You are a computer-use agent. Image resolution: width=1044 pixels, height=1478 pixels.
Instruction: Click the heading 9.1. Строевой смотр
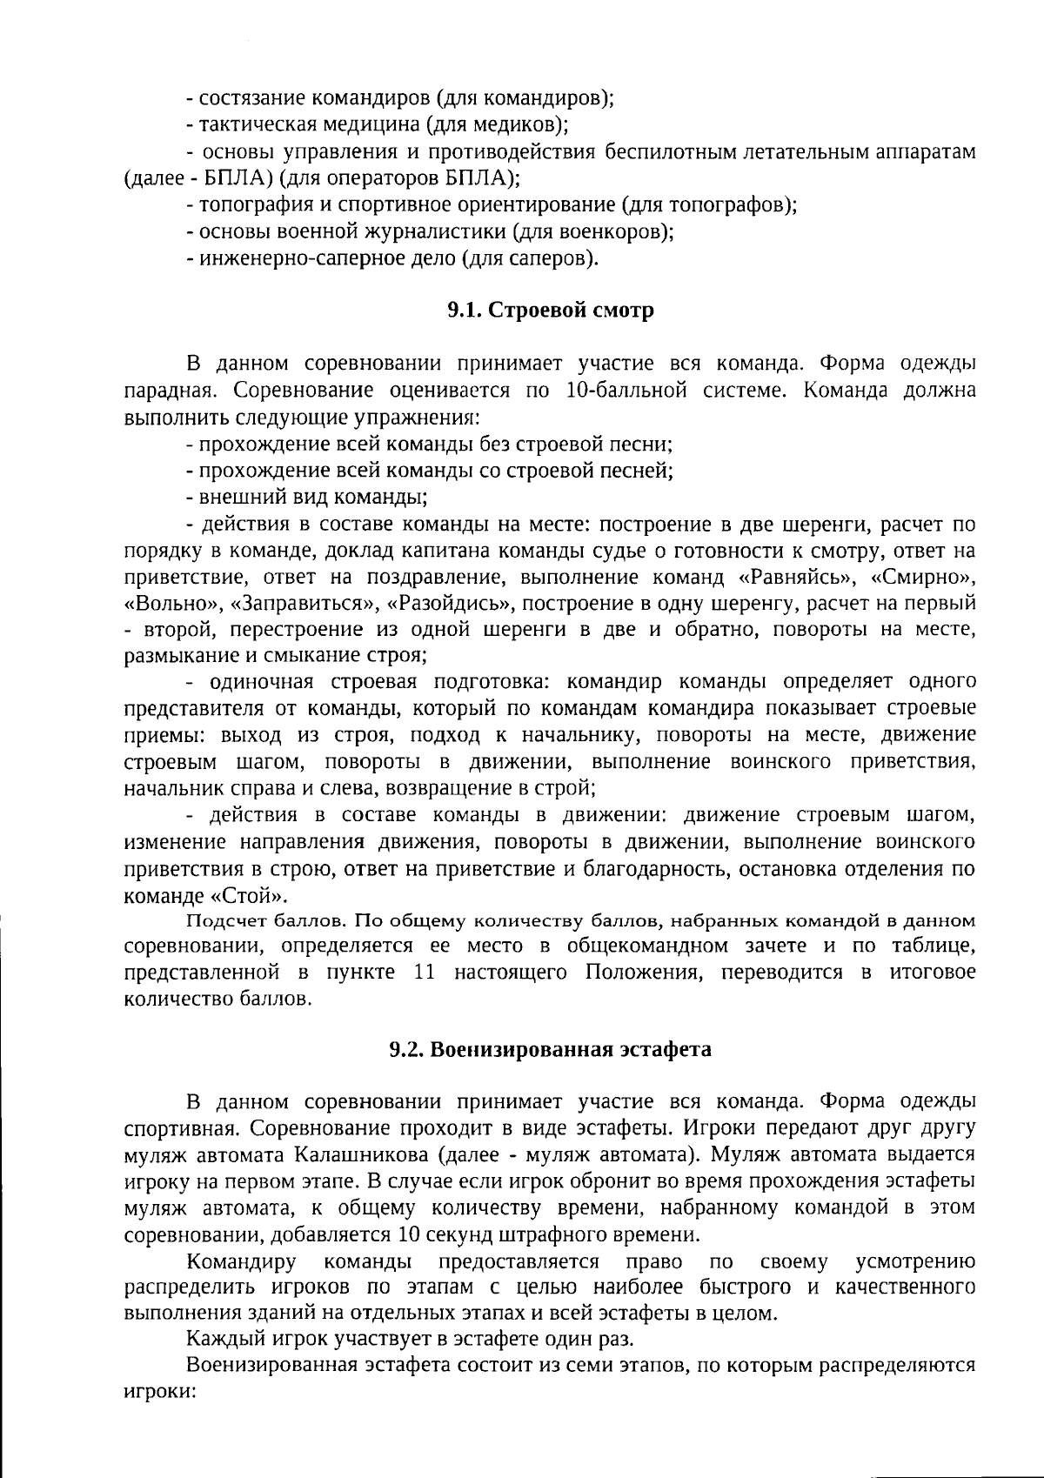coord(550,311)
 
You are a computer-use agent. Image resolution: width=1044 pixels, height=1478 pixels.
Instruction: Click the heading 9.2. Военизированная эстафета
coord(550,1049)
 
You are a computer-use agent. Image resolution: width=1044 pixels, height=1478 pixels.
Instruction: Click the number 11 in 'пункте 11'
coord(425,972)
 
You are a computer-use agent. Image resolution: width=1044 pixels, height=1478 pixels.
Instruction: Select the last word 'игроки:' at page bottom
coord(158,1391)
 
